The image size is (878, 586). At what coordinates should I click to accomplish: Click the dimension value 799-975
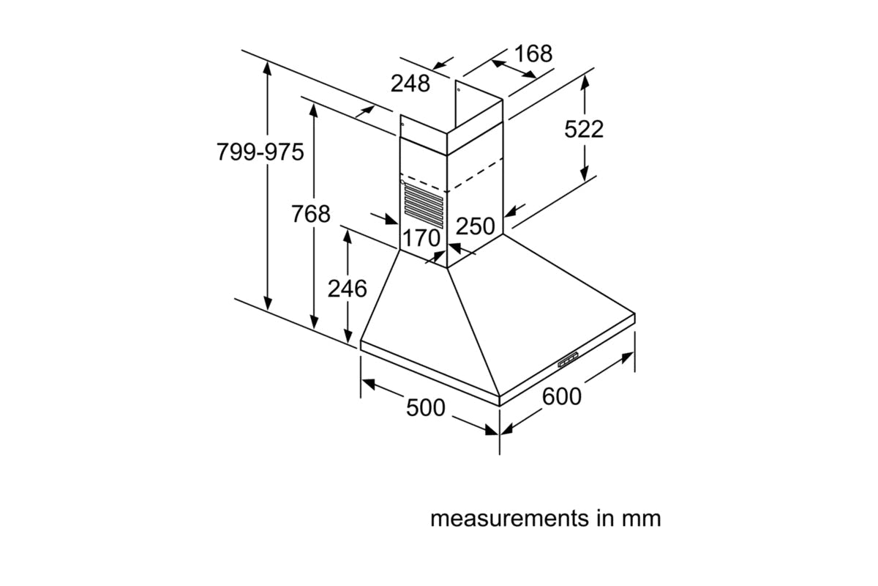[x=260, y=152]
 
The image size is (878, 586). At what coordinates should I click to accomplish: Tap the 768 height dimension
[x=311, y=215]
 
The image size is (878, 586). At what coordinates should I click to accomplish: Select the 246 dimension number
[x=347, y=289]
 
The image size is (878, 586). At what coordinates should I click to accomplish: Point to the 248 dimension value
[x=410, y=84]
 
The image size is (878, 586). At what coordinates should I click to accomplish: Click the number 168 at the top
[x=533, y=53]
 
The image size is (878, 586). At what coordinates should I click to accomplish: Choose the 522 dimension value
[x=584, y=129]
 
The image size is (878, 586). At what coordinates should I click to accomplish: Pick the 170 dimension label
[x=422, y=238]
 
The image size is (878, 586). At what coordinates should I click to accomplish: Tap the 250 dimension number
[x=476, y=226]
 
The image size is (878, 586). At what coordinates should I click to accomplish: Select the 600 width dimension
[x=562, y=396]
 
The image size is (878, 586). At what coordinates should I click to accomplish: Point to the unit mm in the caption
[x=641, y=519]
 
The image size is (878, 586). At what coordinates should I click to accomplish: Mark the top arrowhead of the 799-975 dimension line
[x=269, y=67]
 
